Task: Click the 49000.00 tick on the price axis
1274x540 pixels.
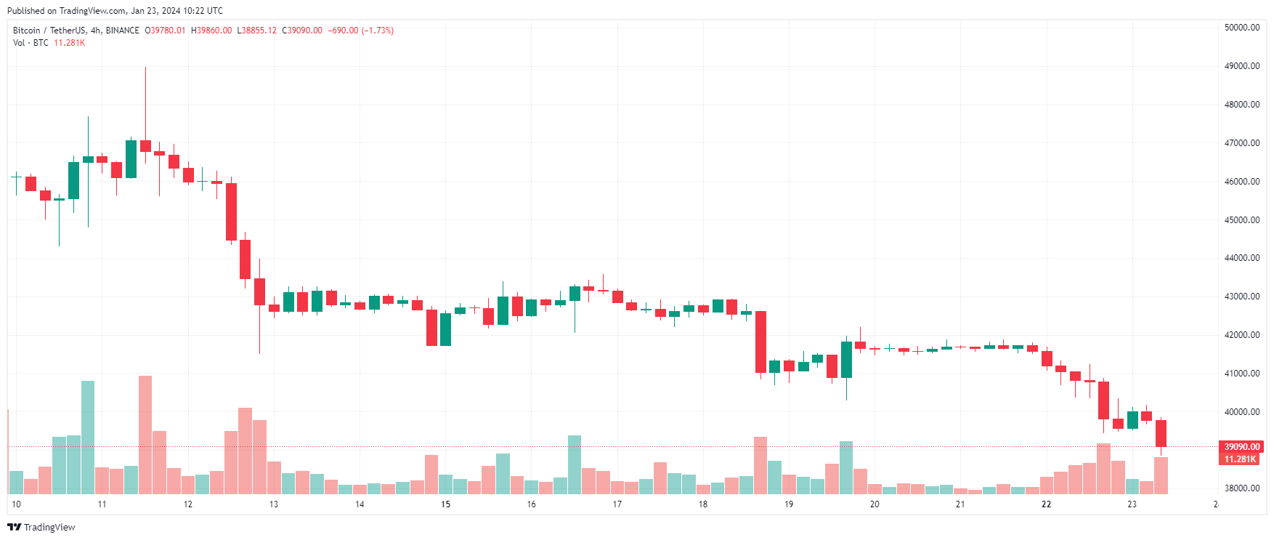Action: [1241, 66]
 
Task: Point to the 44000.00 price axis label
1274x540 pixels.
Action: [1241, 258]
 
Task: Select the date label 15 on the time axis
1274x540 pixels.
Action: [445, 504]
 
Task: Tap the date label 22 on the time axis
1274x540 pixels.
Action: [1046, 504]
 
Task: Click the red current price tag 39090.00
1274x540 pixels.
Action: [1241, 447]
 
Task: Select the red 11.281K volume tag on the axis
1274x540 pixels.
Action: [1240, 459]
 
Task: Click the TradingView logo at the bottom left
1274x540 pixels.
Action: [41, 527]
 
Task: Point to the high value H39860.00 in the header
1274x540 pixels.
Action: [211, 31]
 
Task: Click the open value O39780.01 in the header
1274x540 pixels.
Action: [166, 31]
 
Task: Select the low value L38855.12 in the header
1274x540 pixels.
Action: [256, 31]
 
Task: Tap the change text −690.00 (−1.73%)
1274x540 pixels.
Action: [360, 31]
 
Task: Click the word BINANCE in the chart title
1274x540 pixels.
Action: [122, 31]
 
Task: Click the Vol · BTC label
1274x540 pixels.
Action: [31, 43]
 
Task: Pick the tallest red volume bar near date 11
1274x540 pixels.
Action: [145, 435]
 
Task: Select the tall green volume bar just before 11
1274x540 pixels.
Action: [88, 437]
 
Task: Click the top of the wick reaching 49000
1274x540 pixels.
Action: [145, 68]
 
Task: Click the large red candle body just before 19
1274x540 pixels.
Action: [760, 342]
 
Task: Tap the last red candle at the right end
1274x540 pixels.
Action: [1161, 433]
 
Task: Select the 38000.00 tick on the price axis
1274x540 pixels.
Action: [1241, 488]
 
